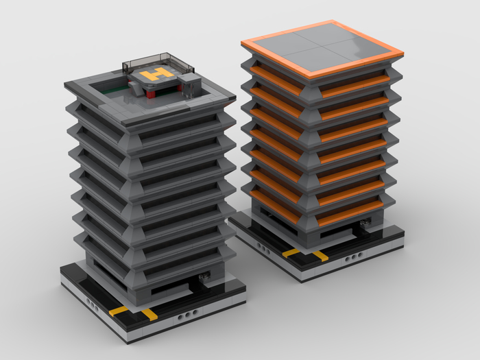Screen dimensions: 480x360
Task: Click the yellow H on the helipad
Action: (157, 74)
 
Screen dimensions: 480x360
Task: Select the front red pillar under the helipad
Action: (149, 93)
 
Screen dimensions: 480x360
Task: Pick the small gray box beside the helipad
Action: (189, 85)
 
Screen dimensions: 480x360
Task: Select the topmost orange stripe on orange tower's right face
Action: (355, 86)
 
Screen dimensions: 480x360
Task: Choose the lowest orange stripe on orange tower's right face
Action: (349, 214)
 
